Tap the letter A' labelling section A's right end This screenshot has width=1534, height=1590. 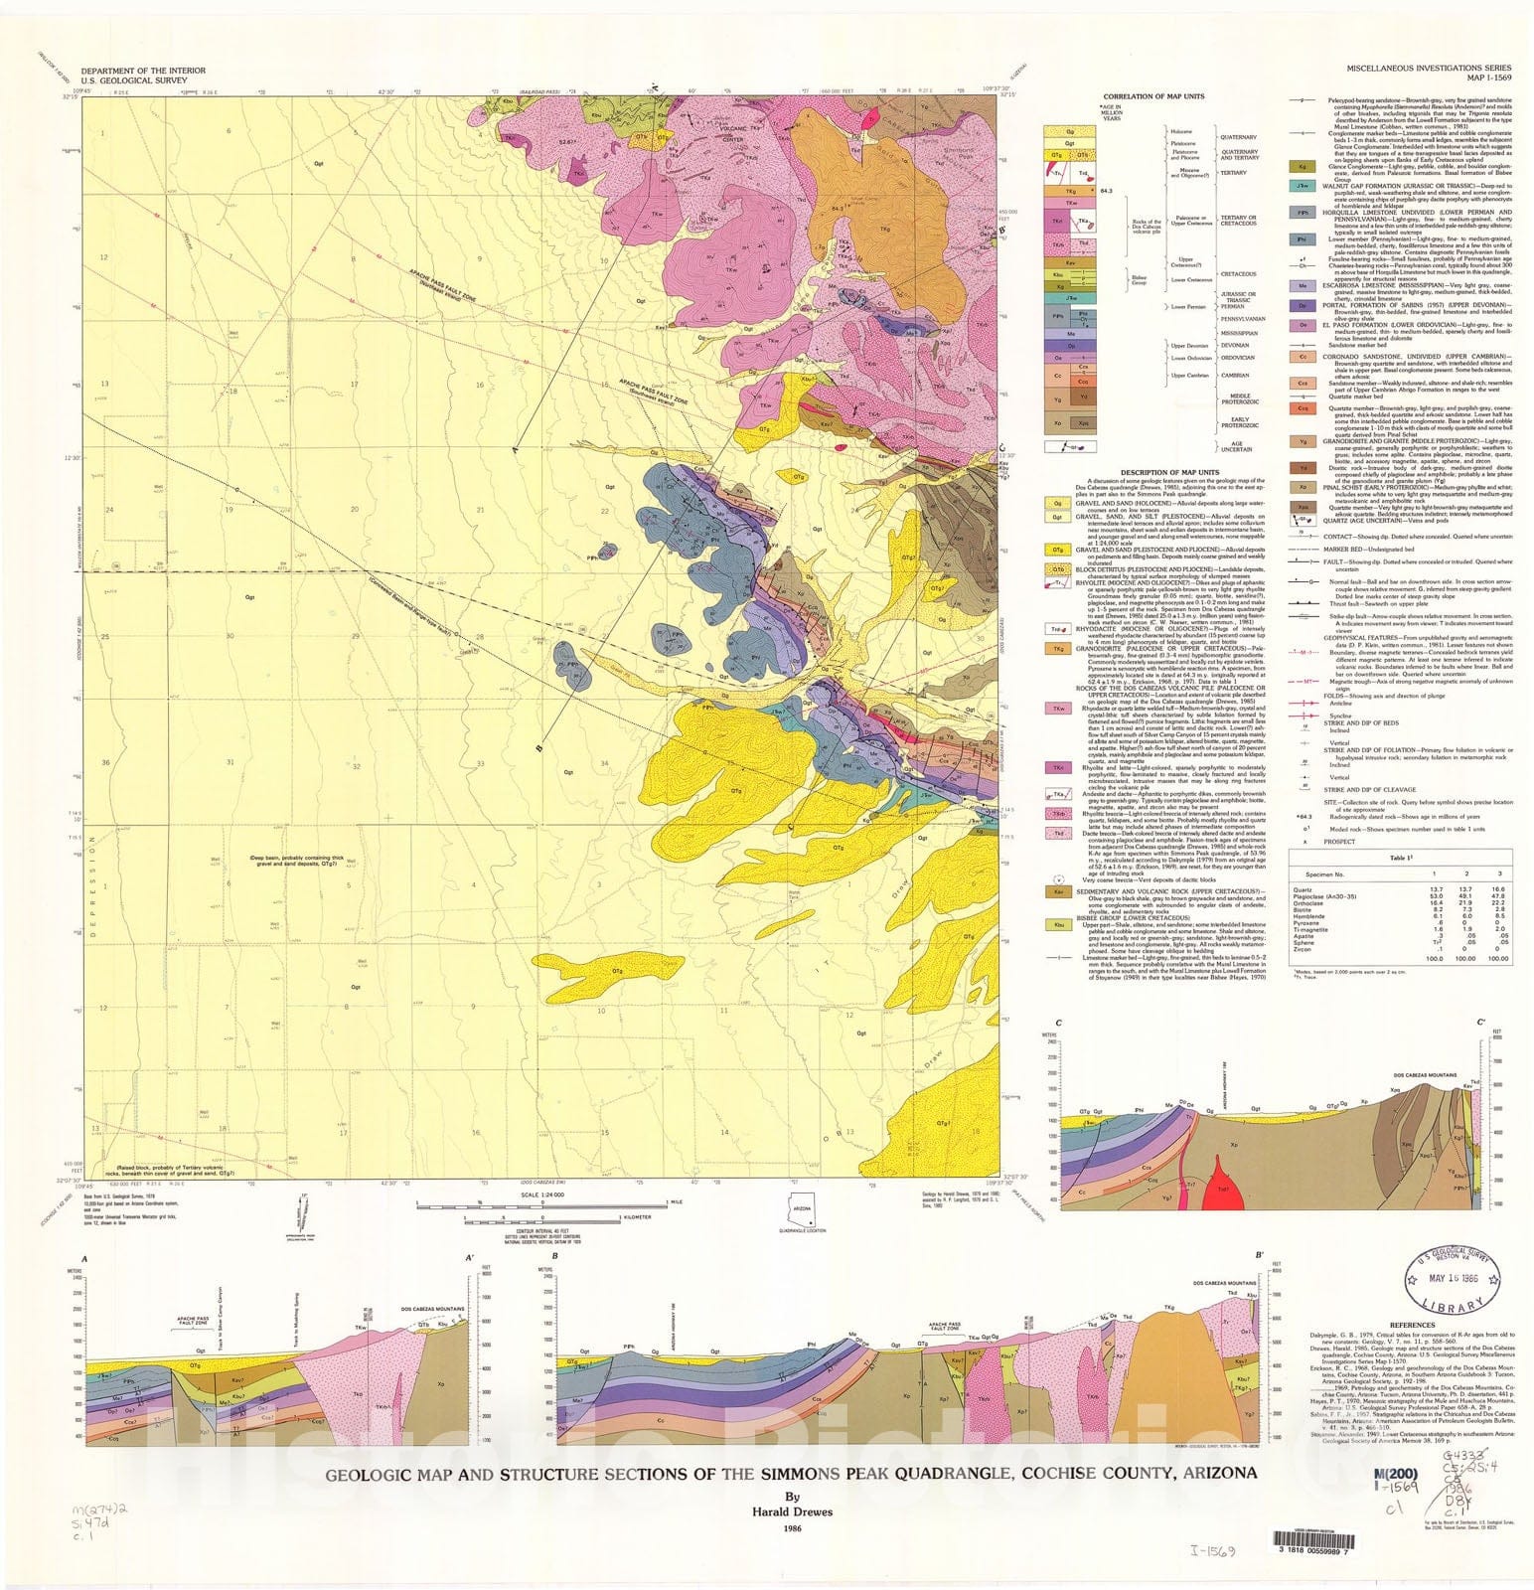(468, 1258)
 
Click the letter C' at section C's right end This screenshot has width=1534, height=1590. (1481, 1023)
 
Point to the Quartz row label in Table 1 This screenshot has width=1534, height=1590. (1304, 889)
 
